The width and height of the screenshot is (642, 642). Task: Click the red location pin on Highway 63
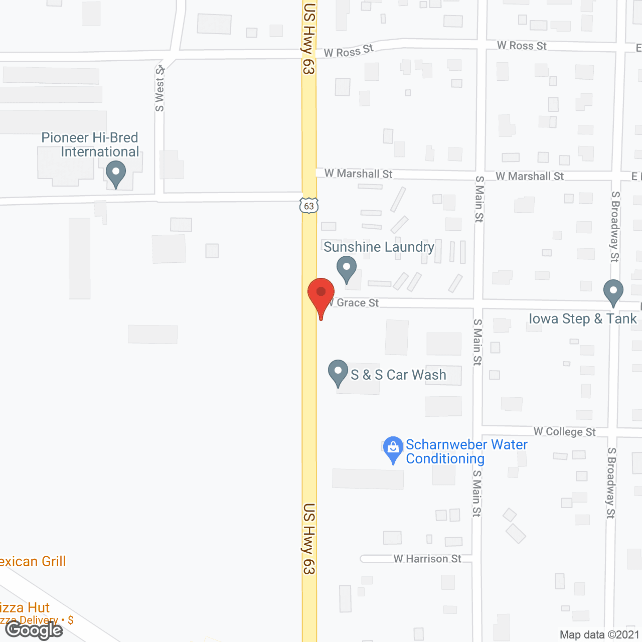pos(321,296)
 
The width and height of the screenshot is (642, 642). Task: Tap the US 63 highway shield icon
pos(309,206)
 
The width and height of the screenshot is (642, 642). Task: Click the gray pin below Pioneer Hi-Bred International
pos(116,174)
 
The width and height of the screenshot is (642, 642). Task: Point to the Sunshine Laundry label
pos(379,247)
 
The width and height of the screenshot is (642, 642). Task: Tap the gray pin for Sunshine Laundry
pos(346,268)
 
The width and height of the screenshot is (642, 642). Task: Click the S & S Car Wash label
pos(398,375)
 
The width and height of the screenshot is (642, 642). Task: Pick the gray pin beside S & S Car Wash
pos(338,373)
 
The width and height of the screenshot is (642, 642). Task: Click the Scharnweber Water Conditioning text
pos(466,451)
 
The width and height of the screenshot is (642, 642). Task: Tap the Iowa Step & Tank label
pos(583,318)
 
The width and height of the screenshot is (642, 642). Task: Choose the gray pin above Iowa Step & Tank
pos(613,291)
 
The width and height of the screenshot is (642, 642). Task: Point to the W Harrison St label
pos(427,559)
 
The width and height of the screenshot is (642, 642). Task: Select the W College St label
pos(564,431)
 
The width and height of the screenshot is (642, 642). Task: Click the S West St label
pos(159,88)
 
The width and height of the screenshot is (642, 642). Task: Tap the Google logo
pos(34,630)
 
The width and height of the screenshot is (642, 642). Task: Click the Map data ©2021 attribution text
pos(599,634)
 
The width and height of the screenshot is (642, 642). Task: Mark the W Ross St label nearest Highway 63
pos(348,51)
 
